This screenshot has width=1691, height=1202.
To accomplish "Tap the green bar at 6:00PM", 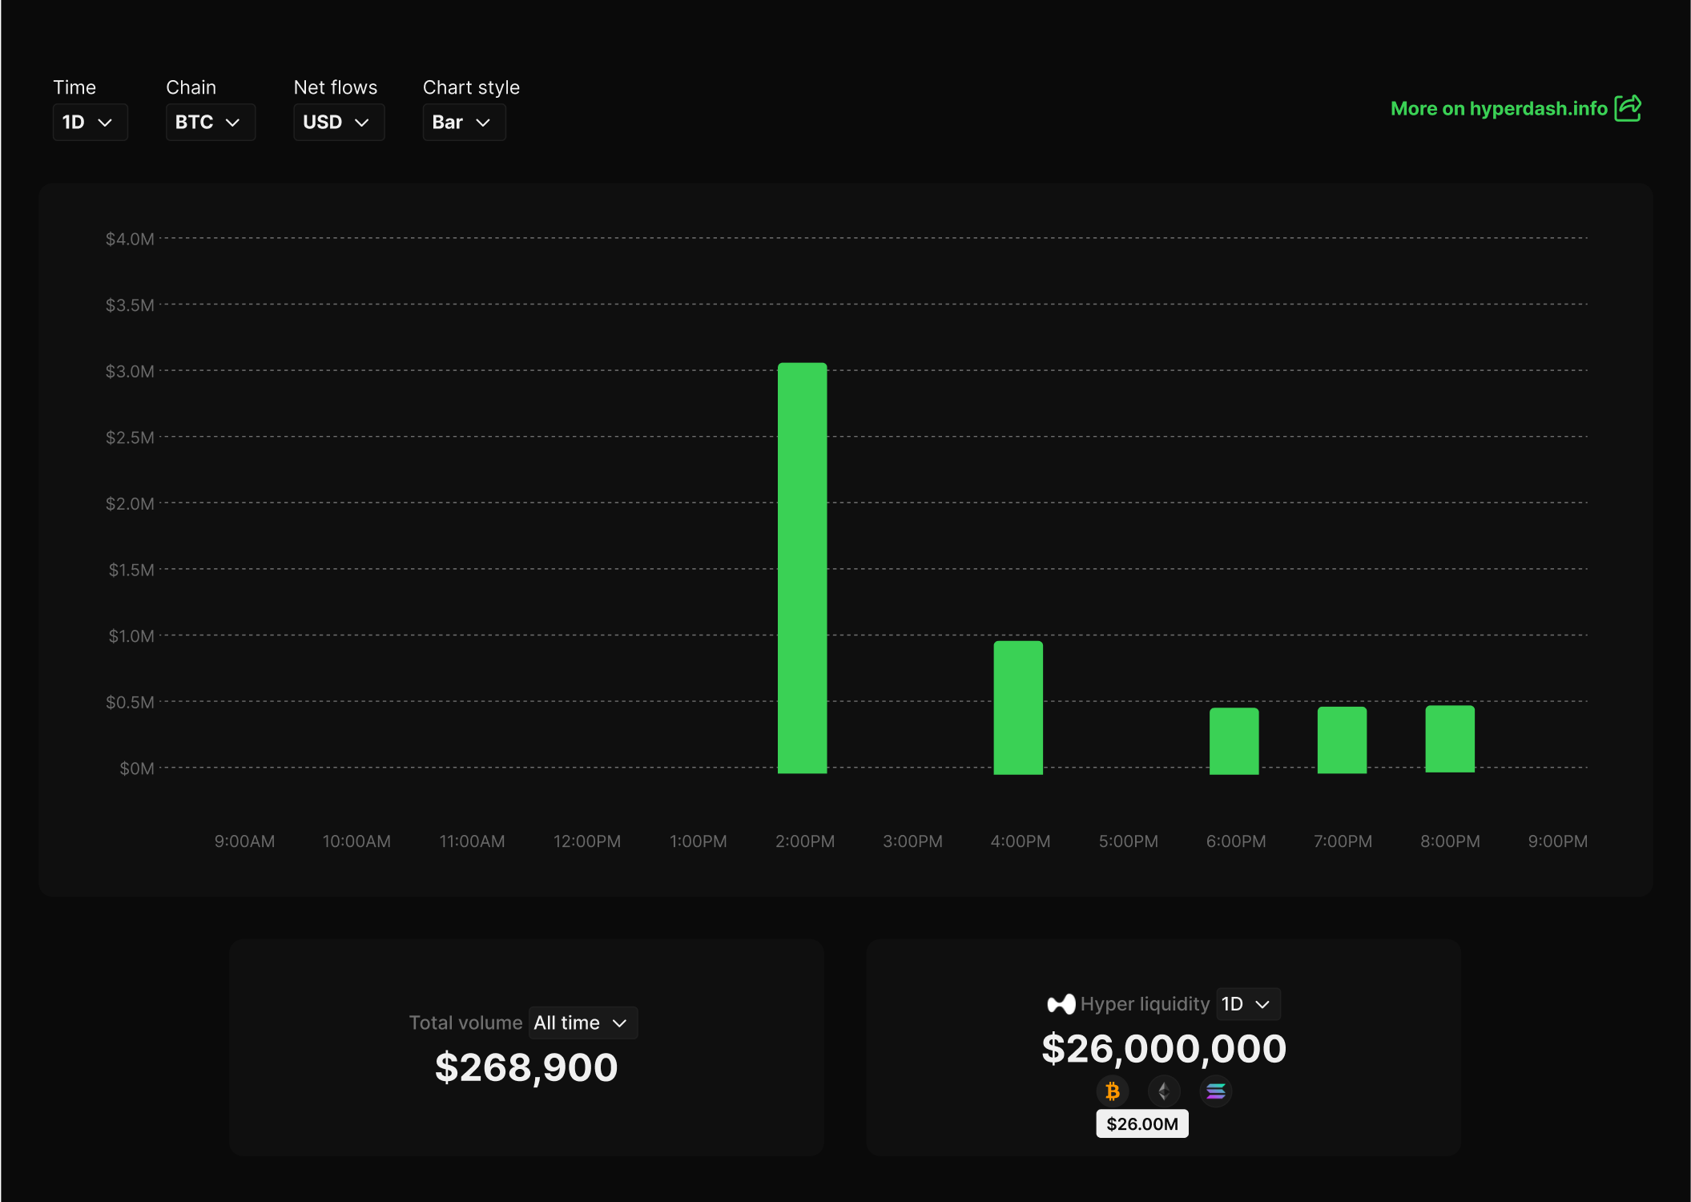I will click(1234, 740).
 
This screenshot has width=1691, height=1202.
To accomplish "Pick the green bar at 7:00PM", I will click(1342, 740).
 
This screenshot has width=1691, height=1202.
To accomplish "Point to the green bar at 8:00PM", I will click(1449, 739).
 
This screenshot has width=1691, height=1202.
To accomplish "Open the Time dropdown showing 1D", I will click(90, 122).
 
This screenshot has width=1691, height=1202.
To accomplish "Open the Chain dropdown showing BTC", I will click(210, 122).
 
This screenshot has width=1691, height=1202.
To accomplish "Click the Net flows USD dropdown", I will click(338, 122).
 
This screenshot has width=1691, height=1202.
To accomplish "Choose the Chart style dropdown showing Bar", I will click(463, 122).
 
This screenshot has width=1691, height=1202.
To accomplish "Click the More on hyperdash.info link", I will click(1498, 108).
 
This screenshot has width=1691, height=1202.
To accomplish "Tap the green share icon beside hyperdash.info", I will click(1628, 108).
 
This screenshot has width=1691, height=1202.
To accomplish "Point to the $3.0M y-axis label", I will click(130, 371).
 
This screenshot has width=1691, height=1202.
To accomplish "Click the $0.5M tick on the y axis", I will click(130, 702).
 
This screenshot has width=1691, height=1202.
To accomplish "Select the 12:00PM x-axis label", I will click(586, 841).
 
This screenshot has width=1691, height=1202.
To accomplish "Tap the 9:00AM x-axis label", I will click(244, 841).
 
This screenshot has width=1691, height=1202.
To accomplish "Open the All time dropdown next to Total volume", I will click(582, 1023).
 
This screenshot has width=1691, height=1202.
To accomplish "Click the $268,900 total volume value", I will click(526, 1067).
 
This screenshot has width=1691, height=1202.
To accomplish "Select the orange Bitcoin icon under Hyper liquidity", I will click(1113, 1091).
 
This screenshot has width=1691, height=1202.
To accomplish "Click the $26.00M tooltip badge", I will click(1141, 1123).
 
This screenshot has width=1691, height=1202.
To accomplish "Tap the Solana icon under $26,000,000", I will click(1215, 1091).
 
